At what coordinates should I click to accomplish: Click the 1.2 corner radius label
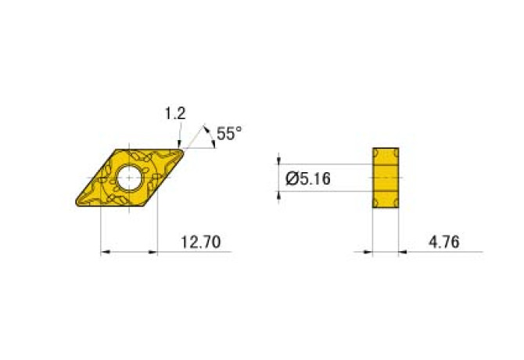[x=174, y=114]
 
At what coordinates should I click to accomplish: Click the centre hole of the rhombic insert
[x=129, y=178]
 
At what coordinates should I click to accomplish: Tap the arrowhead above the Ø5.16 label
[x=280, y=160]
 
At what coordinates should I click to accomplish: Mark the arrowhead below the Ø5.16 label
[x=280, y=195]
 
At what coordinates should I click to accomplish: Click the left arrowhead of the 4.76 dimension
[x=368, y=252]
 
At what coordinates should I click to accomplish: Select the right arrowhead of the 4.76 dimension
[x=405, y=252]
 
